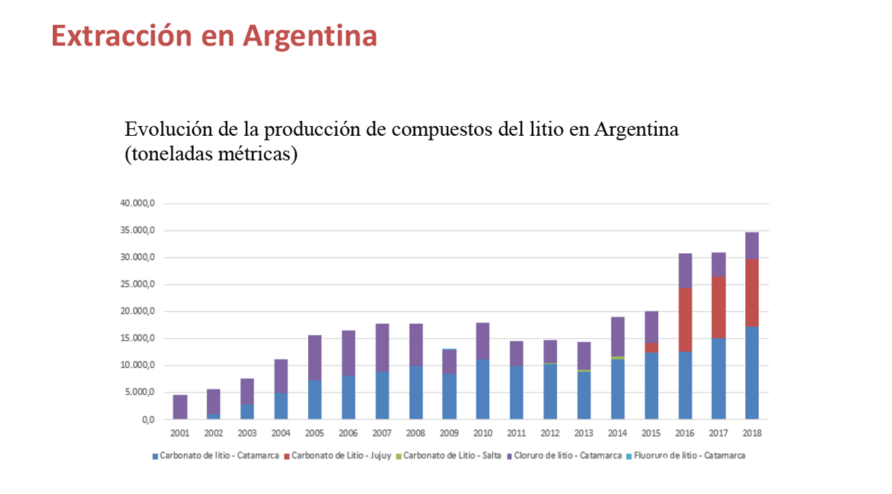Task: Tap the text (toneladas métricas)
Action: [x=211, y=154]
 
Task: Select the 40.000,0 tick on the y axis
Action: [x=139, y=204]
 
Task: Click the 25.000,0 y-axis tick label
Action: [x=139, y=285]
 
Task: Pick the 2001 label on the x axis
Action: [x=180, y=434]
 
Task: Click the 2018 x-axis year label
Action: [x=752, y=434]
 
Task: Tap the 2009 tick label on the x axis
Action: [x=449, y=434]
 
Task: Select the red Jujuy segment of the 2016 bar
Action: [x=685, y=320]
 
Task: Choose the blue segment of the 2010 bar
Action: [x=482, y=389]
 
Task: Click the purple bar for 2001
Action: [x=180, y=407]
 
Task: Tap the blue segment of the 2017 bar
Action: [x=718, y=379]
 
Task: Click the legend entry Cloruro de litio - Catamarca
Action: [x=567, y=456]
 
